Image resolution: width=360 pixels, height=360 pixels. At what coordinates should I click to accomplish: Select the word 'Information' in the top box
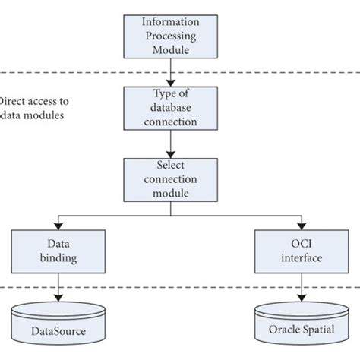pos(172,21)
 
